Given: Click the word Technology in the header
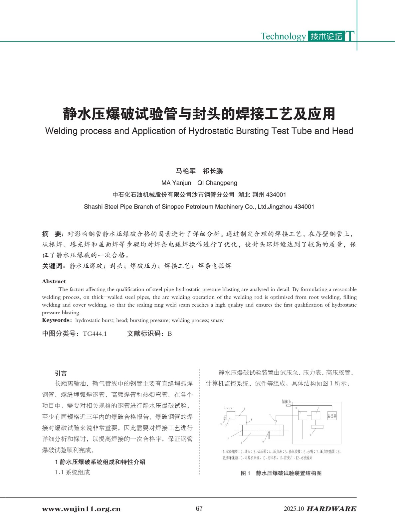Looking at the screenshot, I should coord(283,36).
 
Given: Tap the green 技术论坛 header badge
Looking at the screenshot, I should coord(326,36).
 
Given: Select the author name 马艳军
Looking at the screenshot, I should coord(186,171).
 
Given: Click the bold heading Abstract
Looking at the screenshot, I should coord(54,281).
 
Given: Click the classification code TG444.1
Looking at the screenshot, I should coord(95,334).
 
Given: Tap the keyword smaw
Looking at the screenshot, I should coord(217,320).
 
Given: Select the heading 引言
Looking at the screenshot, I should coord(61,373).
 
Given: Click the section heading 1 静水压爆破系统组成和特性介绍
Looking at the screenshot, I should coord(100,462).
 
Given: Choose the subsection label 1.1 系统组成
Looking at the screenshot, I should coord(73,472).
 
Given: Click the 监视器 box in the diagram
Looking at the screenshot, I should coord(332,416).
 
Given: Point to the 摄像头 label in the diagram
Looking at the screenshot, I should coord(286,402).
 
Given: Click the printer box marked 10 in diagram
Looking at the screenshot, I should coord(317,427).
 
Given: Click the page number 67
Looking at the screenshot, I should coord(199,508).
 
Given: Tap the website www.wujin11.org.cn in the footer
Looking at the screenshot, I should coord(81,509).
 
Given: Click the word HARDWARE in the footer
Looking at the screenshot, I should coord(331,509).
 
